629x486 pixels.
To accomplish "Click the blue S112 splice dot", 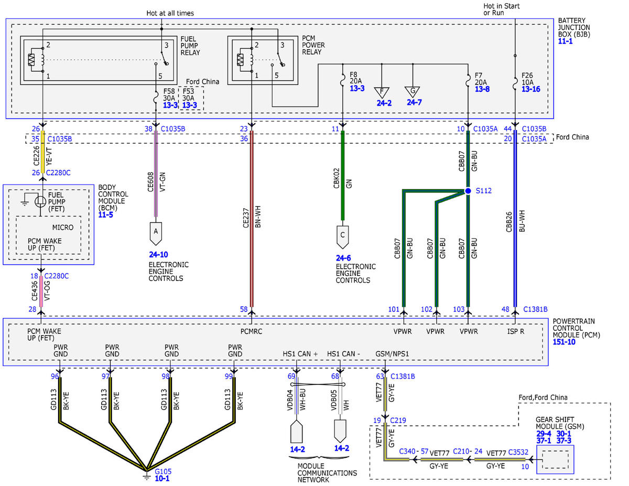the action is point(468,191).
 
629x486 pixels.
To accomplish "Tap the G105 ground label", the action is point(163,471).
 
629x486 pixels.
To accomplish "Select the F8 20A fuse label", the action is point(356,78).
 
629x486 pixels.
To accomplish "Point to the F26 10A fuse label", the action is point(527,79).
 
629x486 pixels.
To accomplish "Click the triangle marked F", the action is point(382,92).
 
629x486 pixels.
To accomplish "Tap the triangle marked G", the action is point(413,92).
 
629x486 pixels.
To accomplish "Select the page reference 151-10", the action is point(564,342).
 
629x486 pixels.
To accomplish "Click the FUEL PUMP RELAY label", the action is point(190,46).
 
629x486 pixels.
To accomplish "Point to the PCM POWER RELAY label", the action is point(313,45).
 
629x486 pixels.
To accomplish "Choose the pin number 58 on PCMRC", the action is point(244,309).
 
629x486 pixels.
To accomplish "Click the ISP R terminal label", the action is point(516,331).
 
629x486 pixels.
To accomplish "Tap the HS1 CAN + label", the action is point(300,354).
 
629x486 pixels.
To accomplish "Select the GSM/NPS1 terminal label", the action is point(392,354).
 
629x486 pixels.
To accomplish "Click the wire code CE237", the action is point(246,218).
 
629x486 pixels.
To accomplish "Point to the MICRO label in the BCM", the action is point(63,228).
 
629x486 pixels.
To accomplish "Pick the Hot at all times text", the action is point(170,13).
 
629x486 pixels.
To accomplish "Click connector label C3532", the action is point(518,452).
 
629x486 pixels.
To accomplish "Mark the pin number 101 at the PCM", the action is point(394,309).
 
